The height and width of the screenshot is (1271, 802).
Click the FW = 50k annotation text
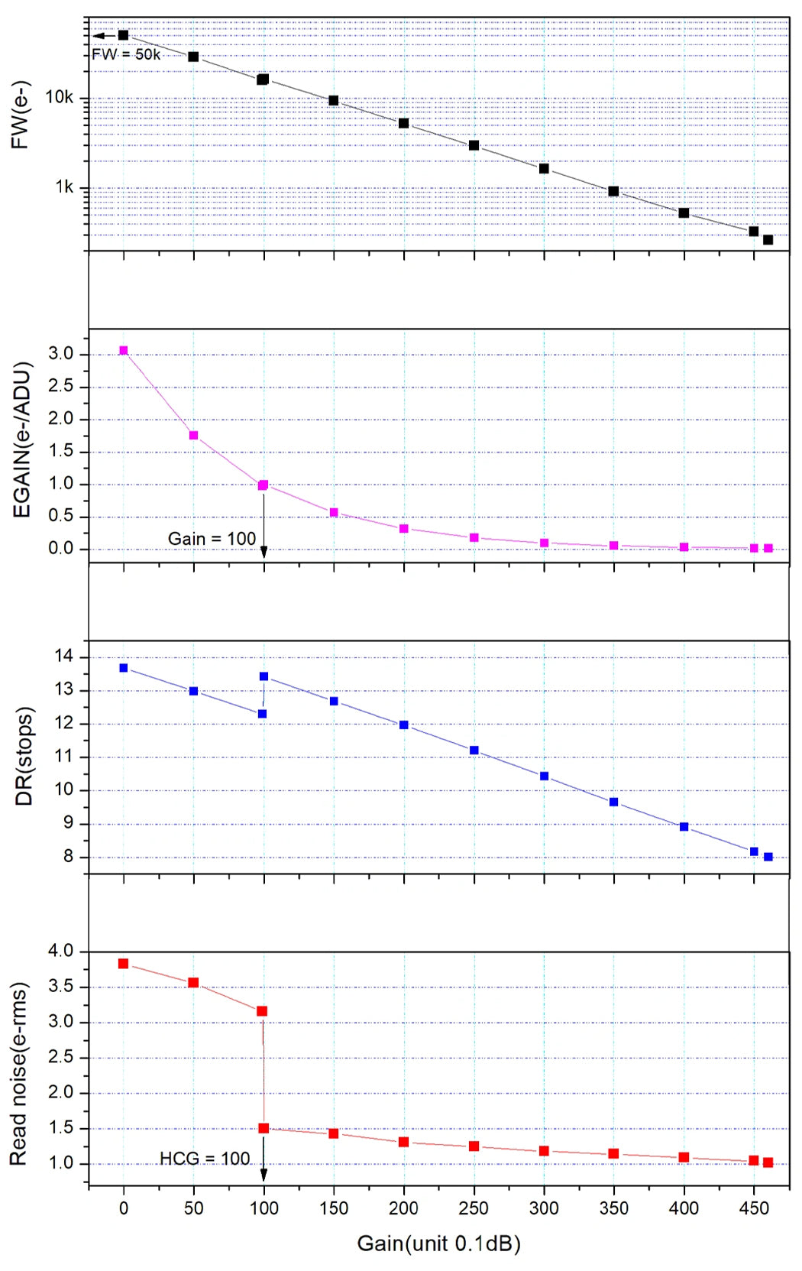(x=126, y=54)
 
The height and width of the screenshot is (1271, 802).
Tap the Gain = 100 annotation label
(x=212, y=539)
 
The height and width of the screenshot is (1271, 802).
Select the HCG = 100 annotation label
(x=205, y=1159)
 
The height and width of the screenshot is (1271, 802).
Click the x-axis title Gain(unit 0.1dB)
(x=438, y=1243)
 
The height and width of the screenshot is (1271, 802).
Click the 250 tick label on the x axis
(x=474, y=1208)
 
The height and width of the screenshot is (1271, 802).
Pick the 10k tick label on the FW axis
(x=60, y=97)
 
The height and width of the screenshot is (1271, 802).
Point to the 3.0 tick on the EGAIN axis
(x=60, y=354)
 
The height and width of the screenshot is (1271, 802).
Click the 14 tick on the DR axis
(x=64, y=657)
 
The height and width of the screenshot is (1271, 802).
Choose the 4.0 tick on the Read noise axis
(x=60, y=952)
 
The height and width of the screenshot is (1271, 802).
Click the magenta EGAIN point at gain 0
(x=124, y=351)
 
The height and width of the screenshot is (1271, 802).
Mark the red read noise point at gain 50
(x=193, y=983)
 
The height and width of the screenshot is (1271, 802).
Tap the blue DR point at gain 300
(x=544, y=776)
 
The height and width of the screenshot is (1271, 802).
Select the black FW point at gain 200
(x=404, y=123)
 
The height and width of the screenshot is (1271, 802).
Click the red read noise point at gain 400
(x=684, y=1157)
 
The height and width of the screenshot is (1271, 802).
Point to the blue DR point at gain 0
(x=124, y=668)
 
